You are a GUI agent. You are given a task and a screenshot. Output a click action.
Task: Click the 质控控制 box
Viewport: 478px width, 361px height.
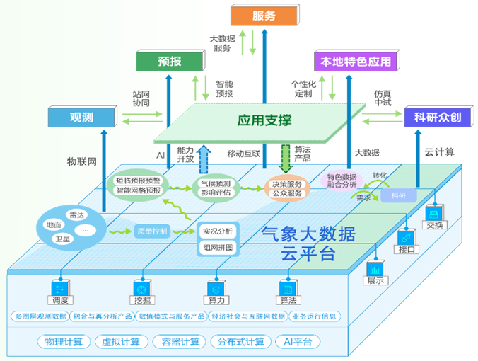tap(152, 231)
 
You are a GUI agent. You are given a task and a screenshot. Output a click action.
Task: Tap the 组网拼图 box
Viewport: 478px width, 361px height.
tap(217, 248)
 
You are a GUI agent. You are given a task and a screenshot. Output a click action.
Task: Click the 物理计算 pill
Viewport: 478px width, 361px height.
tap(64, 343)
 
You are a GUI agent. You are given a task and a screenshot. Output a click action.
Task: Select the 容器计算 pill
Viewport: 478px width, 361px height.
tap(180, 343)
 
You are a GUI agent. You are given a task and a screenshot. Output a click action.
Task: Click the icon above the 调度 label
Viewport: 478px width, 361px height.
tap(59, 289)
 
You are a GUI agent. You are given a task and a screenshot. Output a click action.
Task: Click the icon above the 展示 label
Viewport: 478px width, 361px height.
tap(374, 269)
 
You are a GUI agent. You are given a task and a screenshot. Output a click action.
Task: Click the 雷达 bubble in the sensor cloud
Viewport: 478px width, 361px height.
tap(76, 214)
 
